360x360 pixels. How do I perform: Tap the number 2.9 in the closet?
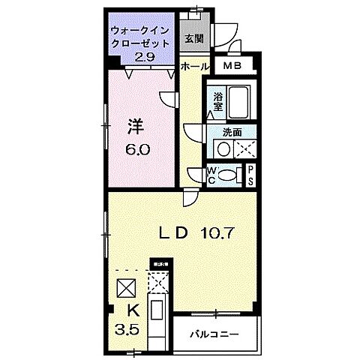[145, 55]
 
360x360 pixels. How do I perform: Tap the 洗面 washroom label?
[232, 132]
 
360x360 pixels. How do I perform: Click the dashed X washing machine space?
[243, 148]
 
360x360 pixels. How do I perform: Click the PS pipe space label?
[250, 175]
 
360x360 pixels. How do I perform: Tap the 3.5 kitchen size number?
[126, 328]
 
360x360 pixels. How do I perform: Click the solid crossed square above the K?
[125, 287]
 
